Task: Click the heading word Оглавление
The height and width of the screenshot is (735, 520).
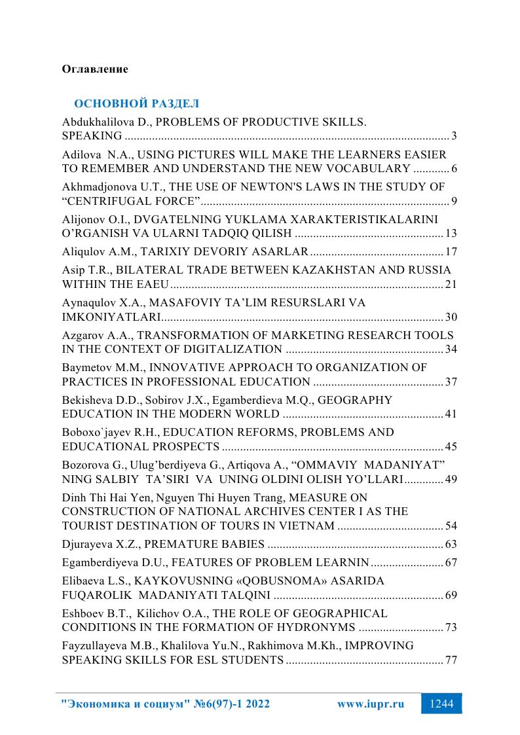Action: click(94, 69)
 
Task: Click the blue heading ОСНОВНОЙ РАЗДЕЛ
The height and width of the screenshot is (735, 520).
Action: click(136, 104)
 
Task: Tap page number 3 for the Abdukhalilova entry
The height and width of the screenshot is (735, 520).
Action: click(453, 137)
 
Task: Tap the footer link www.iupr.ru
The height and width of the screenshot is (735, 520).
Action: click(370, 704)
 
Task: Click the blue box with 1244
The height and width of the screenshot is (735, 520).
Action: click(441, 704)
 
